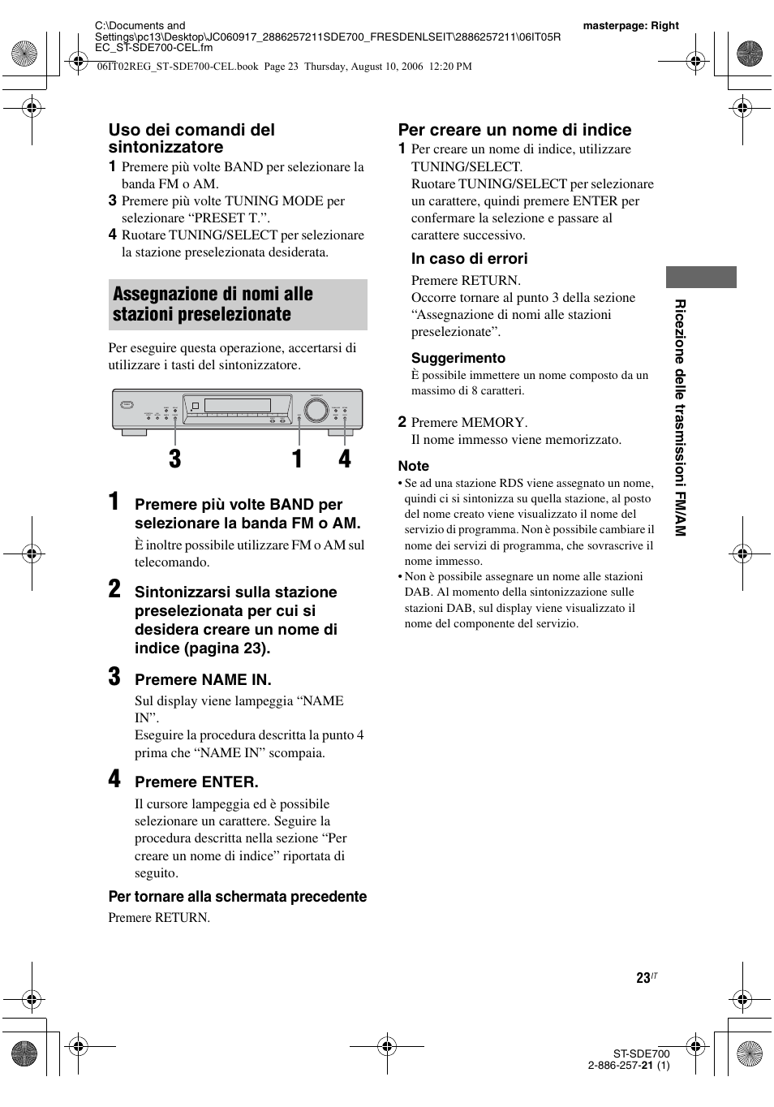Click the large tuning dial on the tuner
point(316,411)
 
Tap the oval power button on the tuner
point(126,405)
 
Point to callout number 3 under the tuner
point(175,459)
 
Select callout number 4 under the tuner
point(345,459)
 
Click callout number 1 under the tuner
point(297,459)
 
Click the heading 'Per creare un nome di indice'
point(514,130)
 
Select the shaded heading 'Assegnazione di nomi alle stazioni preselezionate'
point(237,304)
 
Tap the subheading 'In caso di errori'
point(469,259)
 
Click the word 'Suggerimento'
point(458,358)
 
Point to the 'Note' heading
point(413,466)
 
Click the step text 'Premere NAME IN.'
point(203,679)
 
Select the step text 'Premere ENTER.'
point(196,782)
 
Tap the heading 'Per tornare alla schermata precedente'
point(237,897)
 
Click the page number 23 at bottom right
point(643,978)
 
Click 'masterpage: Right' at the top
point(630,26)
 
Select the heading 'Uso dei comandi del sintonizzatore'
point(191,138)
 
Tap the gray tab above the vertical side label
point(701,277)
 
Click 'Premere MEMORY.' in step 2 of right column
point(469,422)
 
